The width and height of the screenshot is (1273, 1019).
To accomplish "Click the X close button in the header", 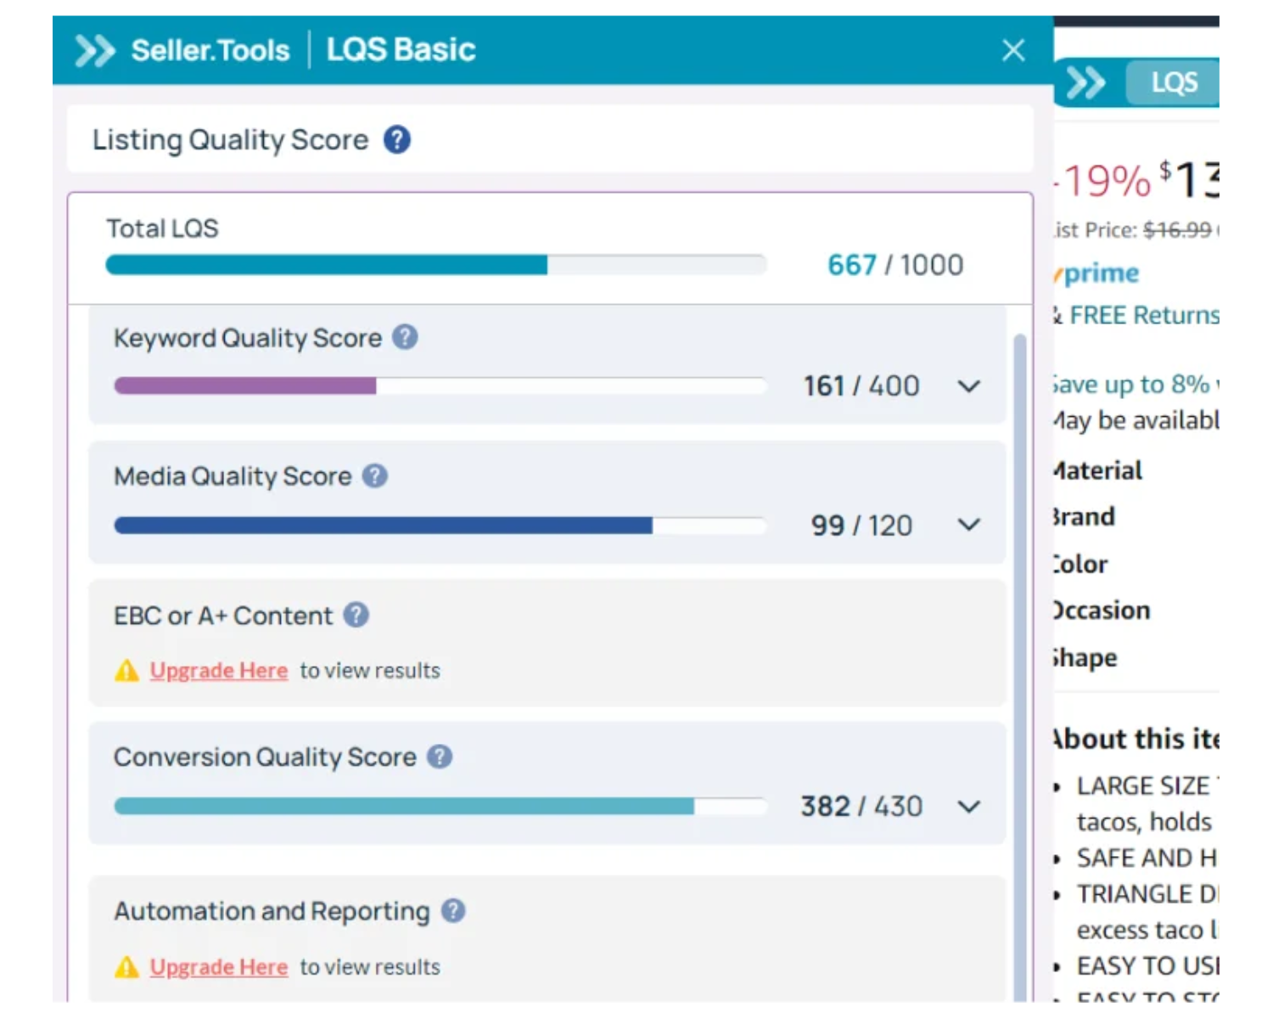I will point(1013,50).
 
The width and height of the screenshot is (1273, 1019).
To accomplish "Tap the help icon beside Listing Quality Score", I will point(396,139).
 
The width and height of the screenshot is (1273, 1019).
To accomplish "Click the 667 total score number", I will point(851,265).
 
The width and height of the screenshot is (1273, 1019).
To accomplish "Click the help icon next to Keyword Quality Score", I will point(405,337).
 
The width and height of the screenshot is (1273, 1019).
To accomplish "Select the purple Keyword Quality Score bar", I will point(245,386).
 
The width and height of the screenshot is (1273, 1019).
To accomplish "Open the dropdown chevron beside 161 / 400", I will point(968,386).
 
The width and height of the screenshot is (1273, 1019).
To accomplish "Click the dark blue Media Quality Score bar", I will point(383,526).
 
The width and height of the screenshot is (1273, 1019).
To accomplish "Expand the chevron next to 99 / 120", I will point(968,525).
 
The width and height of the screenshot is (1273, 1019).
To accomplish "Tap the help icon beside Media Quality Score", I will point(374,476).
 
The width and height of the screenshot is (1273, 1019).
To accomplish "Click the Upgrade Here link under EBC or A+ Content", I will point(219,670).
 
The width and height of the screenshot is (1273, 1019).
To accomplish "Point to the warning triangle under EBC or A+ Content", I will point(126,671).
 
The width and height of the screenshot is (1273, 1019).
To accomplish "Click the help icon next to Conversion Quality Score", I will point(439,756).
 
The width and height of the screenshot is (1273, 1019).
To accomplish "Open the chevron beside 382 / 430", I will point(968,806).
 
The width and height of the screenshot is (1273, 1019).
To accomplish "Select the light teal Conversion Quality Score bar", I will point(404,806).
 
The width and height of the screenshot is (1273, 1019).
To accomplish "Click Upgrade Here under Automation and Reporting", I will point(219,966).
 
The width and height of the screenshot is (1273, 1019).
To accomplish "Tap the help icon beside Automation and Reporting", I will point(453,910).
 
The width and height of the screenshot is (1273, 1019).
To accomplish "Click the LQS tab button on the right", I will point(1174,82).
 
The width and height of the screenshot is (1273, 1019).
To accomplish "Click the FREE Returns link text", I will point(1144,315).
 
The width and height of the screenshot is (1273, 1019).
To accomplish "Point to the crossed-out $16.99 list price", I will point(1176,229).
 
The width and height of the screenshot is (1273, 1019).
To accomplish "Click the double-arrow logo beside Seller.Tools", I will point(94,51).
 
